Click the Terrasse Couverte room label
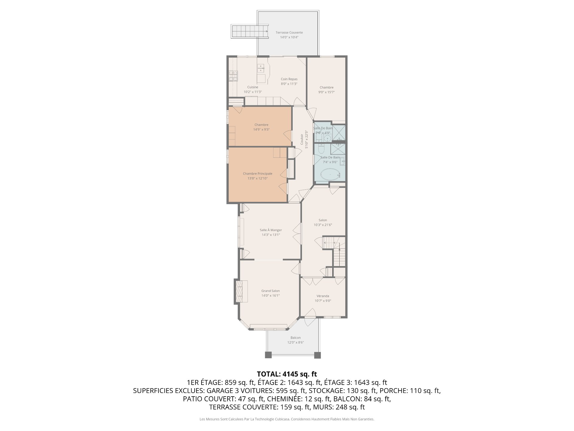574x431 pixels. [x=289, y=33]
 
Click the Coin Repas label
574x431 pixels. [x=289, y=79]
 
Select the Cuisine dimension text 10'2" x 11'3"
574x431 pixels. [x=253, y=92]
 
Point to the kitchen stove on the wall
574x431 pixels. [x=233, y=76]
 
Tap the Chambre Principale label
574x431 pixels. [x=257, y=174]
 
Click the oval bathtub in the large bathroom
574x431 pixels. [x=330, y=174]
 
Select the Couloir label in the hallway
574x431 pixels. [x=302, y=139]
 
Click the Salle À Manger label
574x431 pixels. [x=271, y=230]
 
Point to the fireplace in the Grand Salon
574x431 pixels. [x=241, y=291]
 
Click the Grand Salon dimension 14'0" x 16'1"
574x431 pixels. [x=271, y=296]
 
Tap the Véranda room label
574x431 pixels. [x=323, y=296]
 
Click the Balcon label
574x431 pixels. [x=296, y=338]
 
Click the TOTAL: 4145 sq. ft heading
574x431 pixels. [x=287, y=374]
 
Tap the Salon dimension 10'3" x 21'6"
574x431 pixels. [x=323, y=225]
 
